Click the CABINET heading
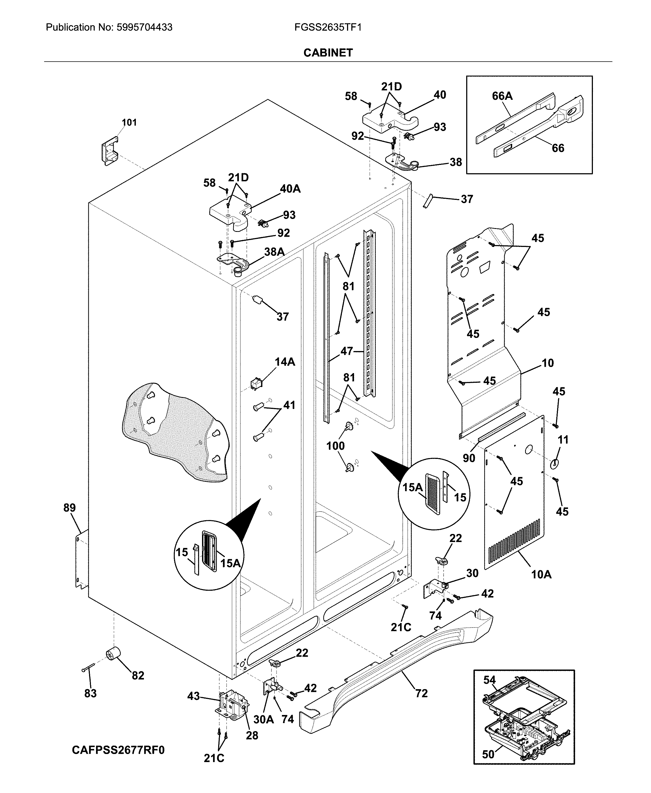[328, 53]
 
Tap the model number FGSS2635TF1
[328, 27]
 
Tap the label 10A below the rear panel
[541, 574]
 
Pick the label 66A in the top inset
[502, 96]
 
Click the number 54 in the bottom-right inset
[489, 680]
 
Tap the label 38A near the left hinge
[274, 252]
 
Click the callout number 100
[335, 446]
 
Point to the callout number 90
[469, 458]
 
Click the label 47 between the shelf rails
[346, 351]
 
